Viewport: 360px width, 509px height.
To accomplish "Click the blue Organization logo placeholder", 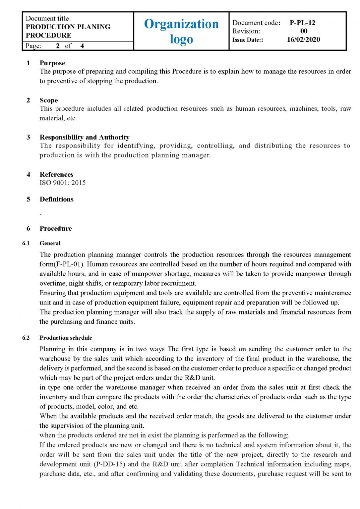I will [x=181, y=31].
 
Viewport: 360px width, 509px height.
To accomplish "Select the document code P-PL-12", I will [x=302, y=23].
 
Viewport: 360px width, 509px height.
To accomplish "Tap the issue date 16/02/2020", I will [x=303, y=39].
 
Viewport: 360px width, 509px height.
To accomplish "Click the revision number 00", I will [x=304, y=31].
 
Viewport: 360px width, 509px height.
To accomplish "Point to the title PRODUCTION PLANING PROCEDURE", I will [x=68, y=31].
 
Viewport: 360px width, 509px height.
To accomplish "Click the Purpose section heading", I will [x=52, y=63].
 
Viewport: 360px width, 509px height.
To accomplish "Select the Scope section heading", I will [x=48, y=100].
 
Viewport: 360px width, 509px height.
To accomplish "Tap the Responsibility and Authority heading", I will [x=84, y=137].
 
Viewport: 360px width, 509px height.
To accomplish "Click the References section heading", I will [x=56, y=174].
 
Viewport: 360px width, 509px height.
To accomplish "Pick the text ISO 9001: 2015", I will [x=62, y=183].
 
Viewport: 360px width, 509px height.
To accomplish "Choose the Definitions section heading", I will [x=56, y=199].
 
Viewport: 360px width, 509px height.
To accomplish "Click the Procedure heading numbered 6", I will [x=55, y=228].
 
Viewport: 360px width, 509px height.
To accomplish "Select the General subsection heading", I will [x=50, y=243].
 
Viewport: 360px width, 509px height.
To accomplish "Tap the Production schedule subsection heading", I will [x=66, y=338].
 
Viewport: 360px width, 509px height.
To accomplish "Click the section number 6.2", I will [x=26, y=338].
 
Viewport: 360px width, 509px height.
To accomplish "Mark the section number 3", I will [x=28, y=137].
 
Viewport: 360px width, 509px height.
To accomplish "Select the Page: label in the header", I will [x=33, y=46].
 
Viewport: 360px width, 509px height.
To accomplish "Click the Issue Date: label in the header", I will [x=248, y=40].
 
